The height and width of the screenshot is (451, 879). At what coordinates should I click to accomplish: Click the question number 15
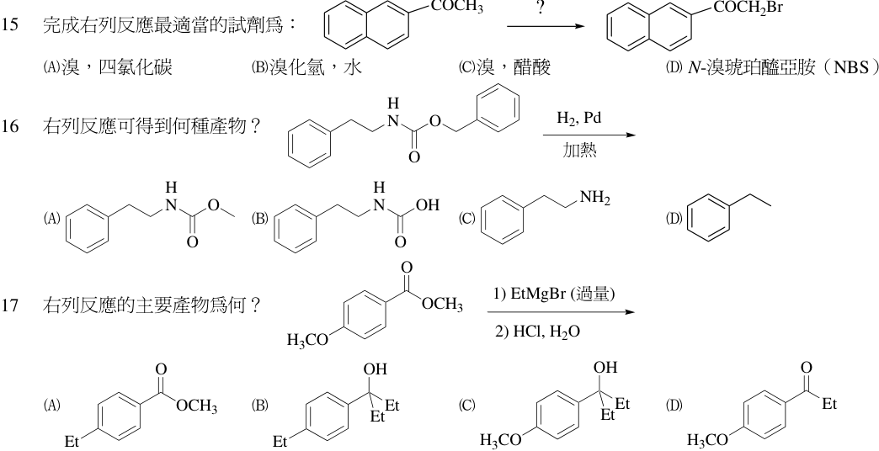pyautogui.click(x=10, y=25)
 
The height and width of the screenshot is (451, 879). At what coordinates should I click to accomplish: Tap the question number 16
pyautogui.click(x=10, y=126)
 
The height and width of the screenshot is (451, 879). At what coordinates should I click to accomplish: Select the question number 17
pyautogui.click(x=10, y=305)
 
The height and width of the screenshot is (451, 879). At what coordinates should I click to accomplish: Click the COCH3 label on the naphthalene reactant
pyautogui.click(x=457, y=7)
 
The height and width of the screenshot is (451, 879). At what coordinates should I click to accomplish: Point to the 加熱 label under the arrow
pyautogui.click(x=579, y=151)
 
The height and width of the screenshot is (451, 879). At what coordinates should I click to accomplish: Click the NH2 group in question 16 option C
pyautogui.click(x=595, y=198)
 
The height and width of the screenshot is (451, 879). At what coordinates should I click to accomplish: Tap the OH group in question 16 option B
pyautogui.click(x=427, y=205)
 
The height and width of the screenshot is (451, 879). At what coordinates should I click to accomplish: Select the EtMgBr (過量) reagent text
pyautogui.click(x=555, y=294)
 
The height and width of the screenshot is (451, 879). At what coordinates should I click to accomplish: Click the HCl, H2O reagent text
pyautogui.click(x=538, y=332)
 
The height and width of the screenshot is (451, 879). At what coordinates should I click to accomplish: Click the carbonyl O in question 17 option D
pyautogui.click(x=806, y=368)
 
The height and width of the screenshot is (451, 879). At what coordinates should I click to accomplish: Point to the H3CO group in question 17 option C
pyautogui.click(x=501, y=440)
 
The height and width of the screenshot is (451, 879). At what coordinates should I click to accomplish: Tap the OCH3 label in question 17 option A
pyautogui.click(x=197, y=406)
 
